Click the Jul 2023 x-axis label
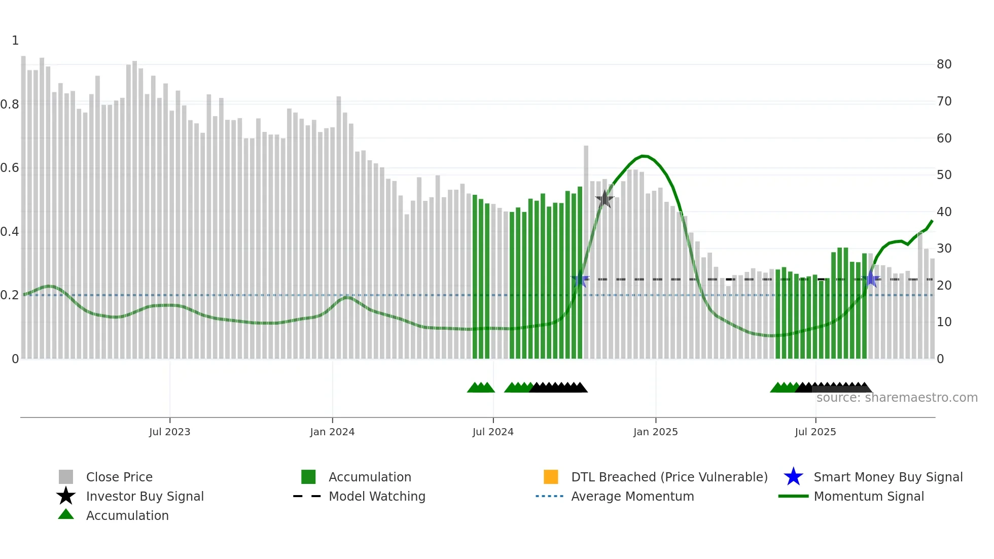[169, 432]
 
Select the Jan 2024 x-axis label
[332, 432]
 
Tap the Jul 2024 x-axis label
[493, 432]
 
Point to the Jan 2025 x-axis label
[655, 432]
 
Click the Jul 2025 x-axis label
[815, 432]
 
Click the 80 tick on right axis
[944, 64]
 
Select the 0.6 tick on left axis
[10, 168]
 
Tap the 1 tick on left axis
[15, 41]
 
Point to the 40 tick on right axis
[944, 212]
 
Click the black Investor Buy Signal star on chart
[605, 199]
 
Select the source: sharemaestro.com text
[897, 398]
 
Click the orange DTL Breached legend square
[551, 477]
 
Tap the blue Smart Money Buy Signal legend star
[793, 477]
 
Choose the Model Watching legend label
[377, 497]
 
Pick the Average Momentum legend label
[632, 497]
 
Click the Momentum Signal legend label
[869, 497]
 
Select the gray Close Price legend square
[66, 477]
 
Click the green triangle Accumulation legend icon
[66, 515]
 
